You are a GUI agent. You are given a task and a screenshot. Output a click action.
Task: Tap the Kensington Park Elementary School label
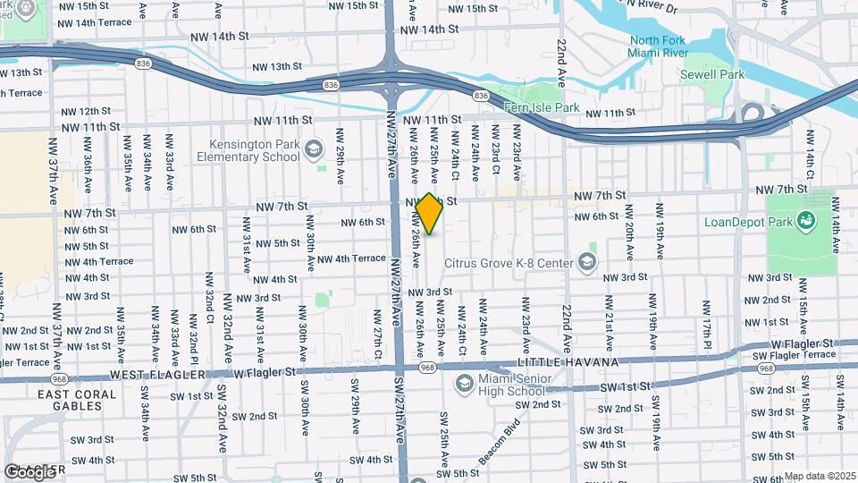[241, 150]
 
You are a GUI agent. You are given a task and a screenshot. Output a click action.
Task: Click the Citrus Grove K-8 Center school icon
[586, 261]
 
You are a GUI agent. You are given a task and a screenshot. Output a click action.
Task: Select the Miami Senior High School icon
[463, 384]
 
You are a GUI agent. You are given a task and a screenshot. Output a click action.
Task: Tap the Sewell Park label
[722, 74]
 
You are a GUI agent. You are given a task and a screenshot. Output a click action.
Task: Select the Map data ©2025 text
[820, 477]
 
